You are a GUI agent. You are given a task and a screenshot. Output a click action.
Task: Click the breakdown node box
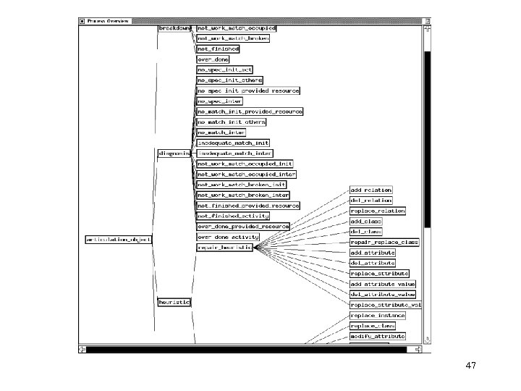(174, 28)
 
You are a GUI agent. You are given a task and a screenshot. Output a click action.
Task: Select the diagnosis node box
(174, 154)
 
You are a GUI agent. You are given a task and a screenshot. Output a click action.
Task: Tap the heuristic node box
(174, 302)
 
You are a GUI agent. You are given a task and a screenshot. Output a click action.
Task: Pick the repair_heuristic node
(224, 247)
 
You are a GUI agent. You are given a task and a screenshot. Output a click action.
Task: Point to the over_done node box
(213, 59)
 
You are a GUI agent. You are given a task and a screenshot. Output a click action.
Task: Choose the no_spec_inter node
(219, 101)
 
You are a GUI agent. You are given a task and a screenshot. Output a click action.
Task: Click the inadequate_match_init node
(233, 143)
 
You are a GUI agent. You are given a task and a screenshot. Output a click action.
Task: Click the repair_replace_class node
(384, 242)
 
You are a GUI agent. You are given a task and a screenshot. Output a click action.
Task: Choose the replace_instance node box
(377, 316)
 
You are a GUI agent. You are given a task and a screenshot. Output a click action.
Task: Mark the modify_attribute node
(377, 337)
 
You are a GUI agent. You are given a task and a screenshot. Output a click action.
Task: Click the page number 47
(471, 366)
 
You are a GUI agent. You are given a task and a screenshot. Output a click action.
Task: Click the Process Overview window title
(108, 21)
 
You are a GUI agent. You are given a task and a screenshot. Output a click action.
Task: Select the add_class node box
(366, 221)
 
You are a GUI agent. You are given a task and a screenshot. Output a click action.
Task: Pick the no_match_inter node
(221, 133)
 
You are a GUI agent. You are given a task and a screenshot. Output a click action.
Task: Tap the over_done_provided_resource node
(243, 227)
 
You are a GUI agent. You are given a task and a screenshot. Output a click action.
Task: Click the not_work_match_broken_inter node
(243, 195)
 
